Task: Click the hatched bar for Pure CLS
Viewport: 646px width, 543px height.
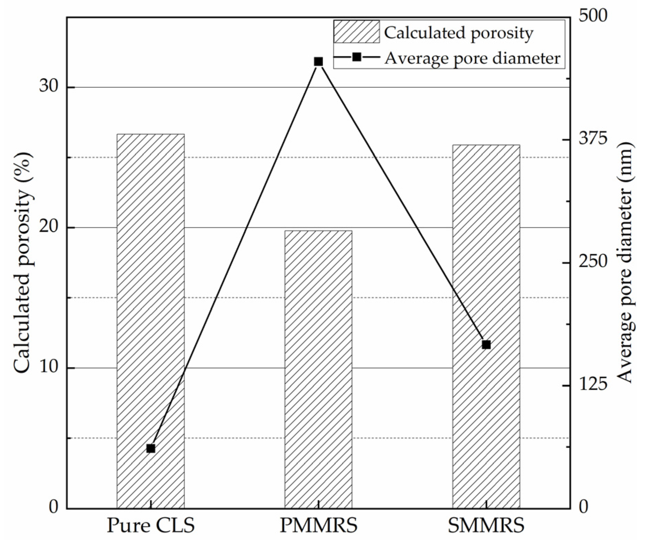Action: pos(150,321)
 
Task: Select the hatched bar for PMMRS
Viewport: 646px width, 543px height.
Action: pos(318,370)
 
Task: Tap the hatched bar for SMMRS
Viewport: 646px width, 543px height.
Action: pos(486,327)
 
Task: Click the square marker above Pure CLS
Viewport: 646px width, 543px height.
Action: pos(151,449)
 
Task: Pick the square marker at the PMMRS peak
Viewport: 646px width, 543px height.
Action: pos(318,62)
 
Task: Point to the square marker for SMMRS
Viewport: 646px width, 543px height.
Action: pos(486,345)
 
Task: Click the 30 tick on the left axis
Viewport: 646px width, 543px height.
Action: pos(48,87)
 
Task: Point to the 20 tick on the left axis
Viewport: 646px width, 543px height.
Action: pos(48,227)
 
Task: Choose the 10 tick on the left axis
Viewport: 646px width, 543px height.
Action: pos(48,368)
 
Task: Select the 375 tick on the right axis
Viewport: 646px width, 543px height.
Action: pos(593,139)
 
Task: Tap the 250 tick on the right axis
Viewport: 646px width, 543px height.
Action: pos(593,262)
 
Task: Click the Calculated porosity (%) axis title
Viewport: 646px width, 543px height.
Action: pos(23,263)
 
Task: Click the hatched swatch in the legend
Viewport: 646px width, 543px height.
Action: pos(356,32)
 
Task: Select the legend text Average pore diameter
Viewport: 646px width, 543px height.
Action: pos(472,58)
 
